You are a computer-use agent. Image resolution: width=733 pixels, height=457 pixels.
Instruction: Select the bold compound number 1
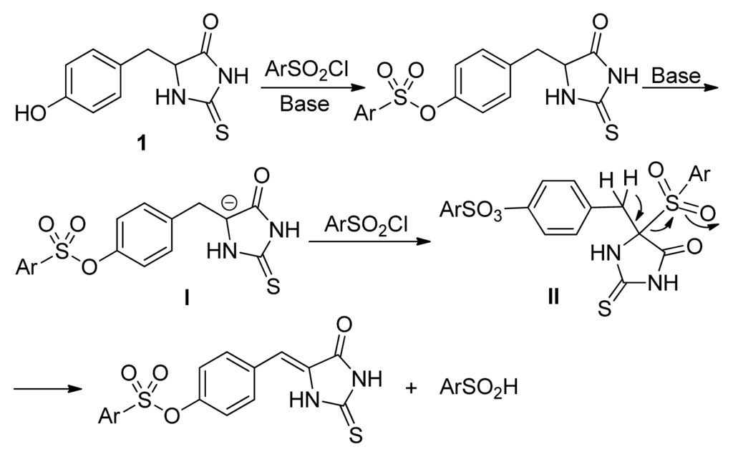click(x=142, y=143)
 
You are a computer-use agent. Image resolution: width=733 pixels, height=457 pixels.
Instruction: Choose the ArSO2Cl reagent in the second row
click(x=364, y=226)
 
